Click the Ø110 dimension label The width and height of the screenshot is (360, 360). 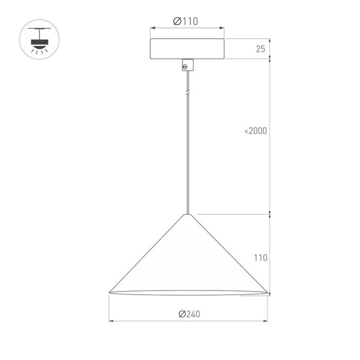coord(186,22)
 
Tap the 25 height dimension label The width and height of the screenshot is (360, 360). coord(260,49)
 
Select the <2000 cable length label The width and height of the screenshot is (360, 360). coord(256,131)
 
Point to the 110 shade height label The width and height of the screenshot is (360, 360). coord(261,258)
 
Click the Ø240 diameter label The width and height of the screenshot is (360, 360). coord(189,314)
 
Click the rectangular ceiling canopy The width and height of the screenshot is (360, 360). coord(187,49)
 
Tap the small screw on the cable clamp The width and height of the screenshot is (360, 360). coord(185,67)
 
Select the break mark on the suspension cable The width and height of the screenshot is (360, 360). coord(188,92)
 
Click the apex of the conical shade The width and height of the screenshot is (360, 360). coord(188,214)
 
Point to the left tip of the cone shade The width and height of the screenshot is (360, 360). coord(109,293)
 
